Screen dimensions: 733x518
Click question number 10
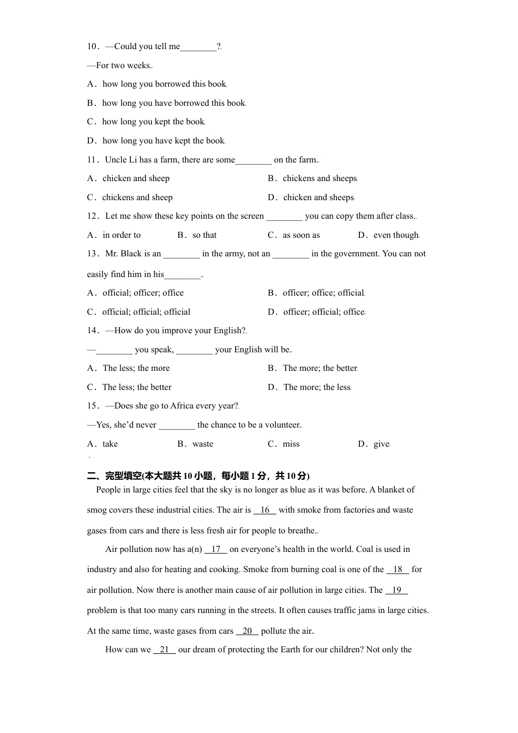92,46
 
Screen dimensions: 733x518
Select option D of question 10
162,141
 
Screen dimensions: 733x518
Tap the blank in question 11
254,160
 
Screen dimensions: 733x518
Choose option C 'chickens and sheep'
136,197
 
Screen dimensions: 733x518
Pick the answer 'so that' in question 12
204,235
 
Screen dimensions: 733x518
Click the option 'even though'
395,235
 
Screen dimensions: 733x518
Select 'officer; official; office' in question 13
323,312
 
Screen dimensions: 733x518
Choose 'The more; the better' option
320,368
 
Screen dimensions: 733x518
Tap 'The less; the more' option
135,368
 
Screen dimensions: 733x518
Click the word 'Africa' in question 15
183,406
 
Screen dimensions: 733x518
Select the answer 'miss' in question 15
291,444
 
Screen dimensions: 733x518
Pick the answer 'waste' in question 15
202,444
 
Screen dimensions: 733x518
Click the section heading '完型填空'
123,476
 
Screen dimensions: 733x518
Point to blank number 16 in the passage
265,510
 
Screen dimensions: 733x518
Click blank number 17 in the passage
216,549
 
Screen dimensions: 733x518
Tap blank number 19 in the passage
396,590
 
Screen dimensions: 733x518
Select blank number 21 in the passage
164,650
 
